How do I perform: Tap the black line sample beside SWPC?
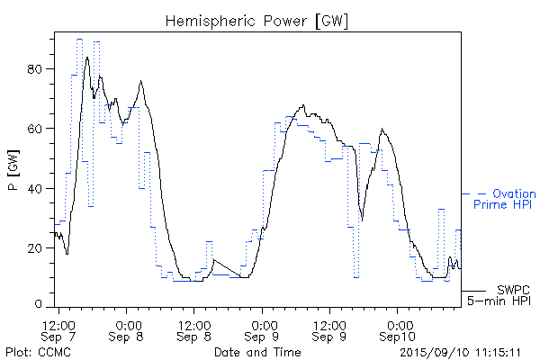473,291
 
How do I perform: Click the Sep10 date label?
397,336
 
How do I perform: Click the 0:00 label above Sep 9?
264,322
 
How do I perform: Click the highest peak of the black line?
87,58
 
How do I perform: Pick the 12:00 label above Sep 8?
195,322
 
